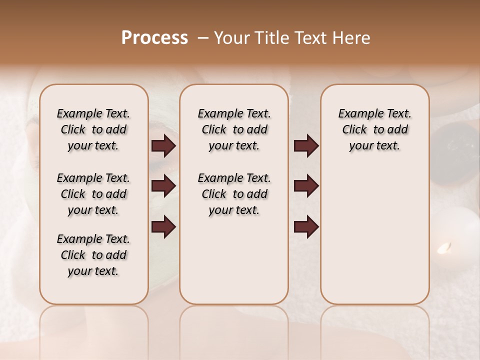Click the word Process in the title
point(154,38)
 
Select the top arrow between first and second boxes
point(163,146)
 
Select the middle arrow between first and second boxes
point(163,186)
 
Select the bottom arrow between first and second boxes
point(163,227)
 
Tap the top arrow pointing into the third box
point(306,146)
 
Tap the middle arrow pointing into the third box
point(306,186)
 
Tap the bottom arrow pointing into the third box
point(306,227)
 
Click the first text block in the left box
point(93,130)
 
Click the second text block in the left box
point(93,194)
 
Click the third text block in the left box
point(93,255)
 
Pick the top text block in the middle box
point(234,130)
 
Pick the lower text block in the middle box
point(234,194)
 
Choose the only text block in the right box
point(374,130)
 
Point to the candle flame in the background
point(444,247)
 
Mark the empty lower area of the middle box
point(234,260)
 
